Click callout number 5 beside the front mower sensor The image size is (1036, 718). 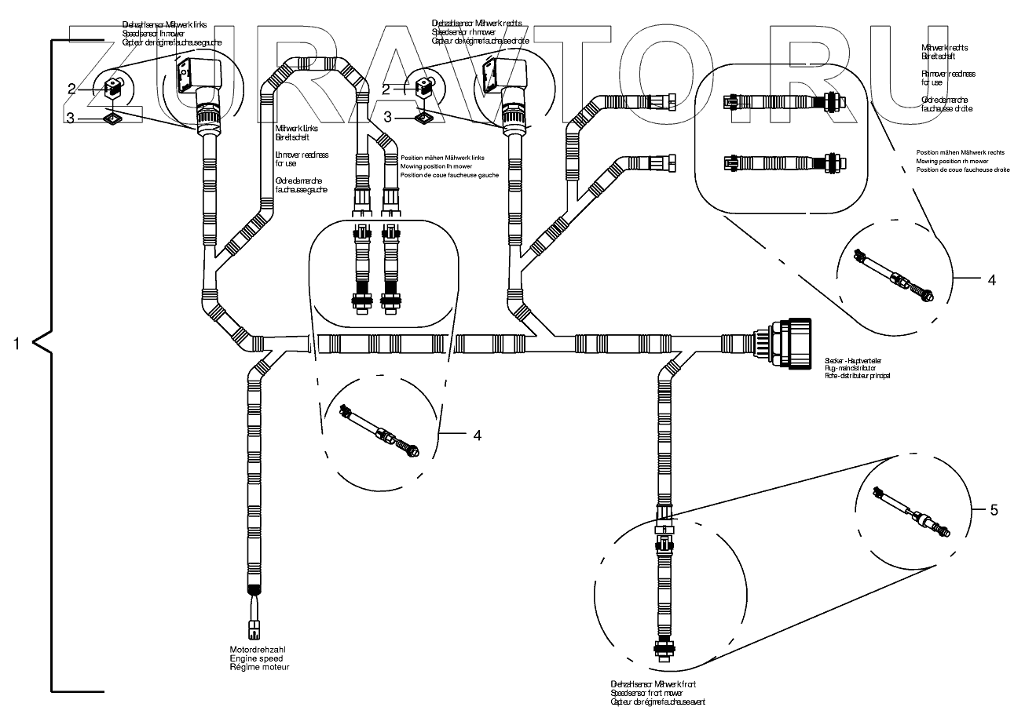[994, 510]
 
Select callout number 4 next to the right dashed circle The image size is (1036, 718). [991, 279]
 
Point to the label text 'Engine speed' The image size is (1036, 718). [253, 658]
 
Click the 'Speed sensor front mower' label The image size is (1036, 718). [646, 694]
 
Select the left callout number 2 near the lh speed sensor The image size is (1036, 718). [71, 89]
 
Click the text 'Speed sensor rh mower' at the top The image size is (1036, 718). [464, 32]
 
